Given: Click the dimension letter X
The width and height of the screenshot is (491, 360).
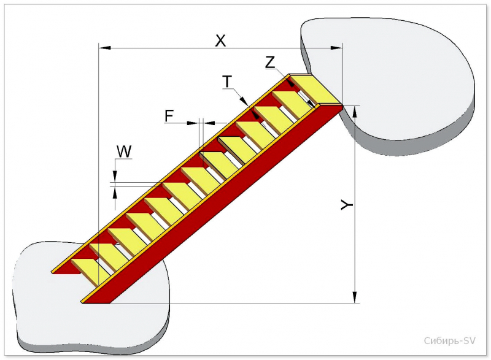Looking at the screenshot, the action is (x=220, y=40).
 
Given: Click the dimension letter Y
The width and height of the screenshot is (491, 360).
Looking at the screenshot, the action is (x=347, y=205).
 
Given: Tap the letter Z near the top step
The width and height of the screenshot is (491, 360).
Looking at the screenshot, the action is (x=270, y=62).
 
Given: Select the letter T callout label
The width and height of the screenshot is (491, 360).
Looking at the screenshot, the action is (x=227, y=82).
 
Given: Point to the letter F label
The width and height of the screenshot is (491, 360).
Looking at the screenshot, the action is (x=169, y=116).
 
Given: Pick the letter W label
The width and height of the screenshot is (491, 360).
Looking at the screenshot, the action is (x=124, y=151).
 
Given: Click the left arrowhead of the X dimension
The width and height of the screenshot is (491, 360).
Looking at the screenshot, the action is (x=104, y=48).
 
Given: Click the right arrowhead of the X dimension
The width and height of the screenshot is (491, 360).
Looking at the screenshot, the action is (x=336, y=48).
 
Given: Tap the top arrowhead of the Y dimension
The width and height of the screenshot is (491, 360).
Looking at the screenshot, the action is (x=355, y=112).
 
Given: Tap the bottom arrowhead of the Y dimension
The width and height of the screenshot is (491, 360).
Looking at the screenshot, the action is (x=355, y=297).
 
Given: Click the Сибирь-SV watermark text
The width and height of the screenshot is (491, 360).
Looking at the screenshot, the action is (x=450, y=340).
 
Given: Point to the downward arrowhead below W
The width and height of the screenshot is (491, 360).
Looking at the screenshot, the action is (x=115, y=176).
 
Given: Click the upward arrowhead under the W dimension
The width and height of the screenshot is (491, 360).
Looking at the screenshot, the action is (x=115, y=193).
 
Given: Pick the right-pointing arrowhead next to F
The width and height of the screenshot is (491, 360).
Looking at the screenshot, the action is (x=193, y=123).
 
